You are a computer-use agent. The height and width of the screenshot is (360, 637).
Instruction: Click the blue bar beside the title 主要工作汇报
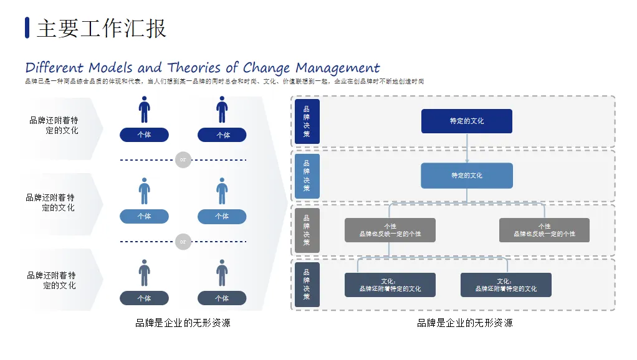tap(27, 28)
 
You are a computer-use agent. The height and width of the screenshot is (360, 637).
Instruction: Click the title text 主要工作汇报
tap(101, 29)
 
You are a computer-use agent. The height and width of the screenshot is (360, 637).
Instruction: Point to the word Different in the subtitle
tap(54, 67)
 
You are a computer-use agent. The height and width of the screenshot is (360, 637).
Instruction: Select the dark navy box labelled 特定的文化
tap(466, 121)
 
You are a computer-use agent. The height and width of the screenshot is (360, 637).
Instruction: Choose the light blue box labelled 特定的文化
tap(466, 176)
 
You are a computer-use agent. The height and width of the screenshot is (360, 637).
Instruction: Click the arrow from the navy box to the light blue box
tap(466, 148)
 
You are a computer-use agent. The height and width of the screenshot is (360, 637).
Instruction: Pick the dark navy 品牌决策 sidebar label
tap(307, 121)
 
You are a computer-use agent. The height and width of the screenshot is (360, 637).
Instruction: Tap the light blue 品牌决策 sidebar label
tap(307, 176)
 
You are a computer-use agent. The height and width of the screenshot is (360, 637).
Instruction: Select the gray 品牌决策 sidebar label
tap(307, 230)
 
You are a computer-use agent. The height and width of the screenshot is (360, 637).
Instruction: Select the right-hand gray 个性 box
tap(544, 230)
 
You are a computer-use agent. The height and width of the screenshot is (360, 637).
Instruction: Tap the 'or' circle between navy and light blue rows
tap(183, 160)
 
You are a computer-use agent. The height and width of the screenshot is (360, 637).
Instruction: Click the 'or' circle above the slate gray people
tap(183, 242)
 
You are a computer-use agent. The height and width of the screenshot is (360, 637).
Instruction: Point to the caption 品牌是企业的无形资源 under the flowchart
tap(464, 323)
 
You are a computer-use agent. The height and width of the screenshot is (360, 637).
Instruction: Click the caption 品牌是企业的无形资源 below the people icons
tap(183, 323)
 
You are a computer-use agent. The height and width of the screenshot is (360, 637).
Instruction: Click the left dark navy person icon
tap(144, 110)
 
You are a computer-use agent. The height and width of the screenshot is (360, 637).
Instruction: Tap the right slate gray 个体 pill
tap(221, 298)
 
